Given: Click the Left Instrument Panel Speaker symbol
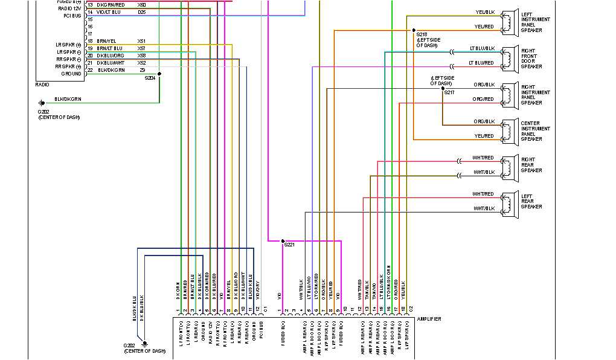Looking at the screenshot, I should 509,20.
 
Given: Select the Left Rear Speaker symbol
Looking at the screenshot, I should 509,201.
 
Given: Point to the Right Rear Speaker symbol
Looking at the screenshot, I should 509,165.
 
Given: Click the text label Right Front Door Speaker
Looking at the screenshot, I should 531,59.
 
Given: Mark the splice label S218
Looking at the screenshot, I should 422,35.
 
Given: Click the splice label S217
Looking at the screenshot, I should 449,92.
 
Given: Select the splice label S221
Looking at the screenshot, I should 289,245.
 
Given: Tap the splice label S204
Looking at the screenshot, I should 150,78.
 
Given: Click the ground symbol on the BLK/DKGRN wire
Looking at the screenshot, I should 42,103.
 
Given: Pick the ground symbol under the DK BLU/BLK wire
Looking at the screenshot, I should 144,344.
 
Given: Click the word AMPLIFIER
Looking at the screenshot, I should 429,319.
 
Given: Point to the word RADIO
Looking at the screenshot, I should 42,85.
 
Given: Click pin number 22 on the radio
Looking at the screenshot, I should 90,70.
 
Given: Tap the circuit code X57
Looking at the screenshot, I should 141,48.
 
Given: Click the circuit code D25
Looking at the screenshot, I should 141,12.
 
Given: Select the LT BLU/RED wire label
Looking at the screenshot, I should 481,63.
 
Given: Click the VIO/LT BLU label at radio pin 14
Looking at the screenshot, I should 109,12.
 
